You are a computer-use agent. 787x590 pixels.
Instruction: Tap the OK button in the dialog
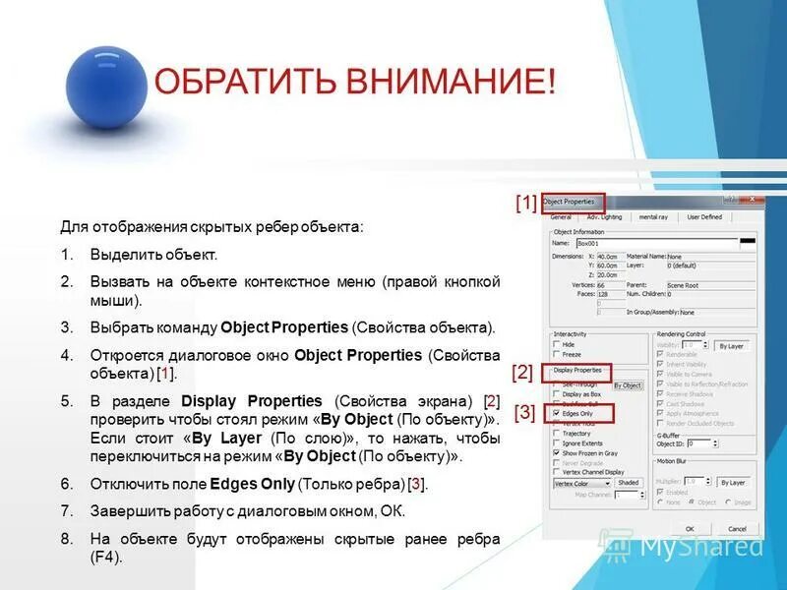691,527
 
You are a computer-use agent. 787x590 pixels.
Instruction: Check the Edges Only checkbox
557,414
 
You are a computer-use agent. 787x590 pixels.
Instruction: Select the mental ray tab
653,216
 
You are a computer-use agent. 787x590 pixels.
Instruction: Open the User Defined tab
703,216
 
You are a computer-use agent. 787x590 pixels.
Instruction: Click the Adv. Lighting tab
604,216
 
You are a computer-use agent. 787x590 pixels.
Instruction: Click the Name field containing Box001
654,241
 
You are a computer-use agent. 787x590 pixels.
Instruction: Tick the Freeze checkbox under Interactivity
557,354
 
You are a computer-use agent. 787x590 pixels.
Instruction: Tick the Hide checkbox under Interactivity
557,344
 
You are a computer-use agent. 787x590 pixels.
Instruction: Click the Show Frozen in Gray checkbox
557,452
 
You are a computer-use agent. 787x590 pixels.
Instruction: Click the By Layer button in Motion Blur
732,482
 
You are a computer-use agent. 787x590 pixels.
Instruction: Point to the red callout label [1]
526,204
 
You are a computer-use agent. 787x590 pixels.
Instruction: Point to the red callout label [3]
526,413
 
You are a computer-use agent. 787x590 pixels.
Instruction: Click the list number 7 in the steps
66,512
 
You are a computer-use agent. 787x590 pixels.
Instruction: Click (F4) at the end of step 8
106,558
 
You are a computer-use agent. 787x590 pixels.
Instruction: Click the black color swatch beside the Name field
749,240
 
